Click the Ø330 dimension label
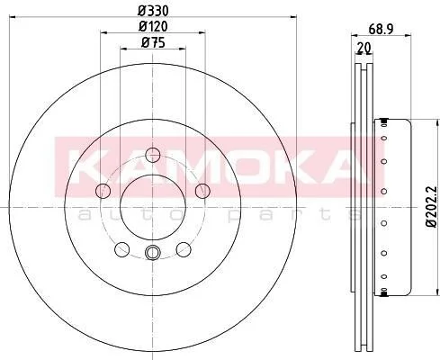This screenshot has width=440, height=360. pyautogui.click(x=153, y=11)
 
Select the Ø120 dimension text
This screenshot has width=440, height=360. pyautogui.click(x=153, y=26)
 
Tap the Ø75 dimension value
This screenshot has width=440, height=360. pyautogui.click(x=153, y=42)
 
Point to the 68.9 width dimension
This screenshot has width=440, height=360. pyautogui.click(x=381, y=30)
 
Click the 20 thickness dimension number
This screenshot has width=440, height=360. pyautogui.click(x=364, y=48)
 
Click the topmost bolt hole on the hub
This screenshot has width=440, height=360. pyautogui.click(x=153, y=155)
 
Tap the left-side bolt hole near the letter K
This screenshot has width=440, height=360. pyautogui.click(x=103, y=191)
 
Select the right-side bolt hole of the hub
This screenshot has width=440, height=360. pyautogui.click(x=202, y=191)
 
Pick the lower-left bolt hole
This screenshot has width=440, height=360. pyautogui.click(x=122, y=249)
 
